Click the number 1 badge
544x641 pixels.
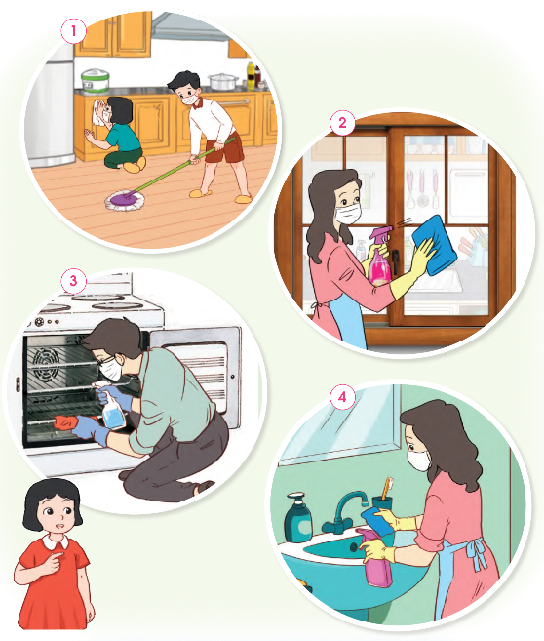click(x=73, y=30)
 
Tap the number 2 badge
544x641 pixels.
click(x=342, y=122)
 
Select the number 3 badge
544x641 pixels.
click(x=73, y=281)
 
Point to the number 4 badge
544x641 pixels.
click(x=342, y=397)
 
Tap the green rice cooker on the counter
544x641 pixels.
click(x=96, y=81)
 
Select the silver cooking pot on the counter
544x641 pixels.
click(x=222, y=81)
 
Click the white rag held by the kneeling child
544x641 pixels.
click(x=99, y=111)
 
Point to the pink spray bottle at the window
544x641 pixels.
click(x=379, y=258)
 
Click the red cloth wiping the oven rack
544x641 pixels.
click(x=65, y=422)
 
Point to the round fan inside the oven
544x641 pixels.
click(x=46, y=363)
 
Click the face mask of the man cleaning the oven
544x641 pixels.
click(x=111, y=370)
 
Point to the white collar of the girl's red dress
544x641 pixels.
click(x=56, y=542)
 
